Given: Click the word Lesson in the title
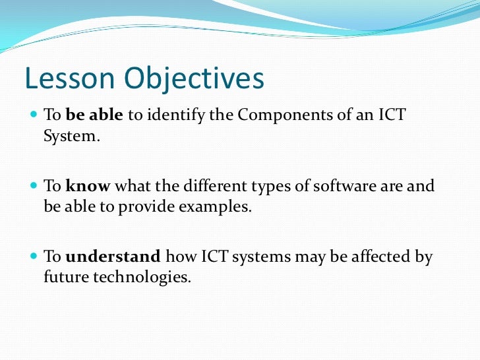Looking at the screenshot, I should pyautogui.click(x=64, y=80).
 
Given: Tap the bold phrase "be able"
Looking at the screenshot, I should pyautogui.click(x=94, y=115).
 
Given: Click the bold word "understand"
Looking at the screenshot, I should pyautogui.click(x=113, y=257).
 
